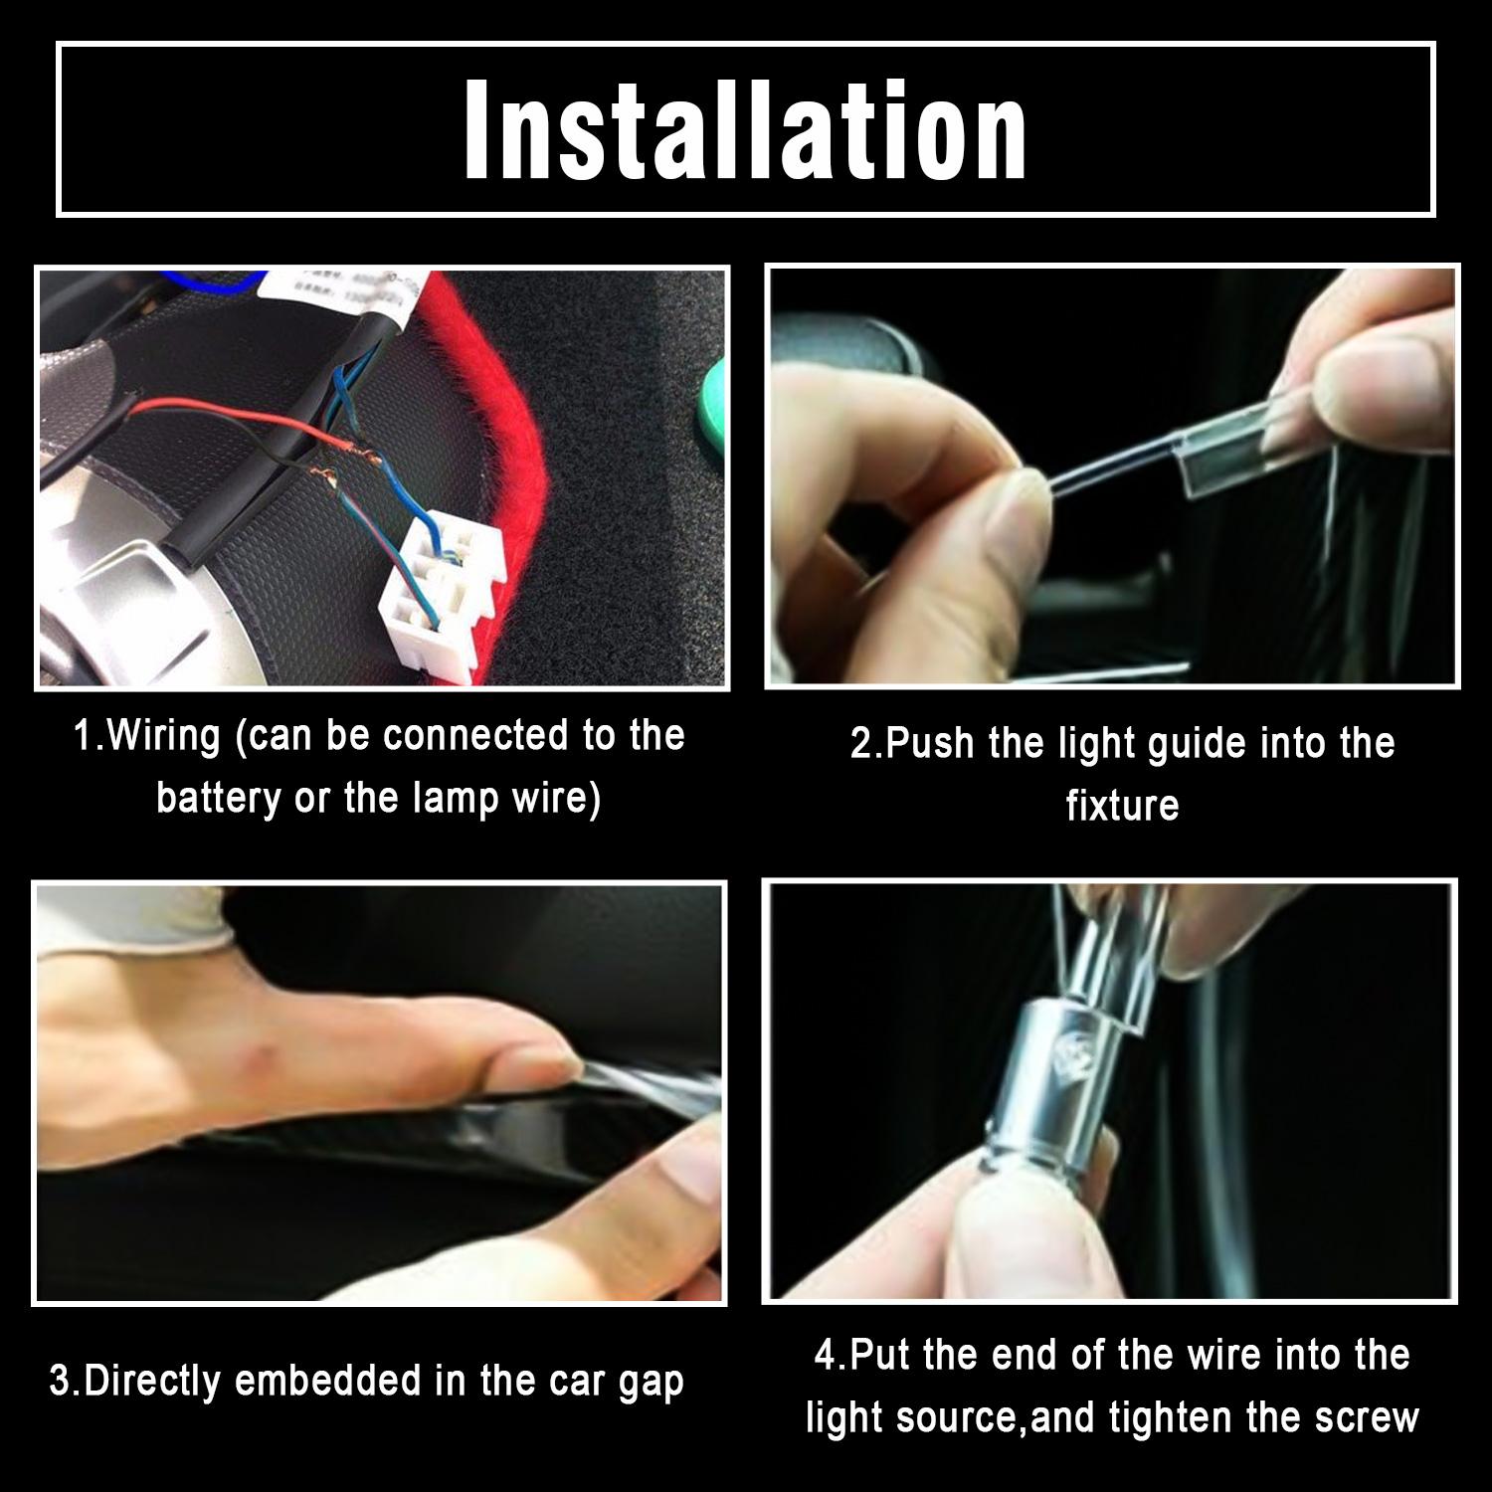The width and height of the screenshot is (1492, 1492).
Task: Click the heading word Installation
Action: (x=746, y=130)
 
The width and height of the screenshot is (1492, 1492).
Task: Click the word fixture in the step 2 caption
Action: (x=1122, y=805)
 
